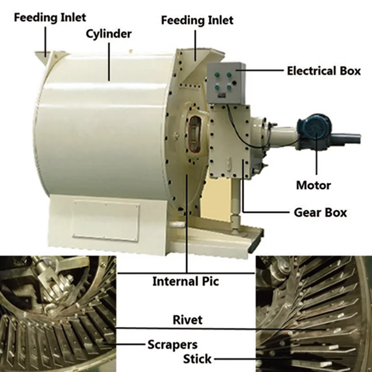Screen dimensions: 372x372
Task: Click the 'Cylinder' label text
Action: click(108, 34)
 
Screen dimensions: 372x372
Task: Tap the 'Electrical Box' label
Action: click(324, 71)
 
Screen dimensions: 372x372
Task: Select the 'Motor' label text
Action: click(313, 185)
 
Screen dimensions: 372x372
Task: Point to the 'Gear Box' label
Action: click(320, 212)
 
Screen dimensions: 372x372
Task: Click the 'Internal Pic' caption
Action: click(186, 281)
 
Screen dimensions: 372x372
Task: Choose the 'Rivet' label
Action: click(187, 320)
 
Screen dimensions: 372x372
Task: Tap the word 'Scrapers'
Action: click(172, 345)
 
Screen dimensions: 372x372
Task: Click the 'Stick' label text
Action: click(197, 359)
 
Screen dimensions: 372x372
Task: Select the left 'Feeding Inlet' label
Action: click(50, 18)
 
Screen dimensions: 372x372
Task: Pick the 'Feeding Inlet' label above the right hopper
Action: click(197, 20)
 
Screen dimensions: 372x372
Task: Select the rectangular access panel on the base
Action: click(106, 221)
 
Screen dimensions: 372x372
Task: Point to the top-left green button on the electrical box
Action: click(217, 75)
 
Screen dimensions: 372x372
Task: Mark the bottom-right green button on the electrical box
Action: click(229, 87)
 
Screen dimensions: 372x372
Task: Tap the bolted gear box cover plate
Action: click(229, 141)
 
